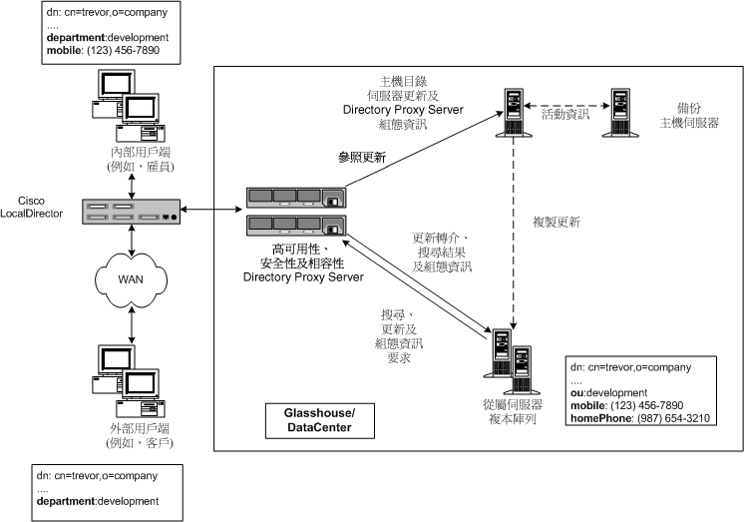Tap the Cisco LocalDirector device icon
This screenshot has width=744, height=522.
click(x=133, y=213)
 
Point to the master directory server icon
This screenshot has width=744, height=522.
click(x=514, y=112)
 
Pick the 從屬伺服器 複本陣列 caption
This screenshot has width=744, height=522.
click(x=511, y=411)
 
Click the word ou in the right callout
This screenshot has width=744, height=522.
click(x=576, y=392)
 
